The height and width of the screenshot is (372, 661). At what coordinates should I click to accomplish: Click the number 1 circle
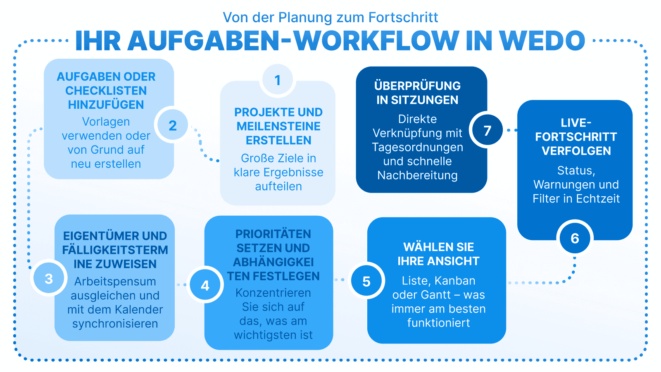278,80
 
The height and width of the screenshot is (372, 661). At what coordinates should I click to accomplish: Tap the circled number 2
172,125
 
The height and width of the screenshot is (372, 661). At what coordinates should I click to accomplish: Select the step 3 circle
49,279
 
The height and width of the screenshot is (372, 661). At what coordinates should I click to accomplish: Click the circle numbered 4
205,286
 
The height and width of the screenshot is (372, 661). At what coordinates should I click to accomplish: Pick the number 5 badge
366,281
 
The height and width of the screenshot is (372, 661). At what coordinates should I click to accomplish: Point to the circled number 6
575,238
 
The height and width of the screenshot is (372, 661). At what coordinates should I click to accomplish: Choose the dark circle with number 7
487,131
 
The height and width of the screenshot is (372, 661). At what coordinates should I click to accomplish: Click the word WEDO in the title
542,41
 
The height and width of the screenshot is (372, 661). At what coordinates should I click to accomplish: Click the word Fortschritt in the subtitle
403,17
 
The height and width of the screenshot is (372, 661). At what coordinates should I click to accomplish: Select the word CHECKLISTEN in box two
106,91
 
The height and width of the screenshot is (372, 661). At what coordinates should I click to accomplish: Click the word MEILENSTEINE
278,126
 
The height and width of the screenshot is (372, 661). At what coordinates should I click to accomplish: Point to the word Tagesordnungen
417,147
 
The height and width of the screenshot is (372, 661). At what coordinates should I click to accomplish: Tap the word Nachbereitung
417,175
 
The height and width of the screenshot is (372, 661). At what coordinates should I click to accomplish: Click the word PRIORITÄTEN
273,234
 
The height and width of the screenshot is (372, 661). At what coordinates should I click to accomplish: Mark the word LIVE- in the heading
576,123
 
